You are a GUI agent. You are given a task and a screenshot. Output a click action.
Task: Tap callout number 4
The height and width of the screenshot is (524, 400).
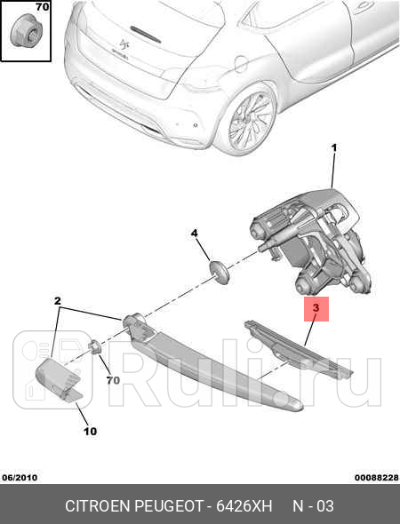pyautogui.click(x=194, y=234)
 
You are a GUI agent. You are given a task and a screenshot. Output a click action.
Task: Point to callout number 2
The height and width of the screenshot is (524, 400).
pyautogui.click(x=59, y=301)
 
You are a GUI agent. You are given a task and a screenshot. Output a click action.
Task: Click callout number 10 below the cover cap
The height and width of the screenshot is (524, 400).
pyautogui.click(x=90, y=432)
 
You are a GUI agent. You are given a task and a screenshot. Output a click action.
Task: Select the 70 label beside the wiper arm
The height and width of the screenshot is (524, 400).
pyautogui.click(x=113, y=381)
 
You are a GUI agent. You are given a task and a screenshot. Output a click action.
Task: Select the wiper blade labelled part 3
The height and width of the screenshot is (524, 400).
pyautogui.click(x=298, y=351)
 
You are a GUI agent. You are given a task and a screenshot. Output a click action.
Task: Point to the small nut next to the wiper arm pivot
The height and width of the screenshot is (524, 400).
pyautogui.click(x=93, y=346)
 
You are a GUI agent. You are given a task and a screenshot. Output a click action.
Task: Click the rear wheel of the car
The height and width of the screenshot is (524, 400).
pyautogui.click(x=250, y=122)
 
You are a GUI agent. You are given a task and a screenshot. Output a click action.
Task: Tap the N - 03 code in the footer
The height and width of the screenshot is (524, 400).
pyautogui.click(x=314, y=506)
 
